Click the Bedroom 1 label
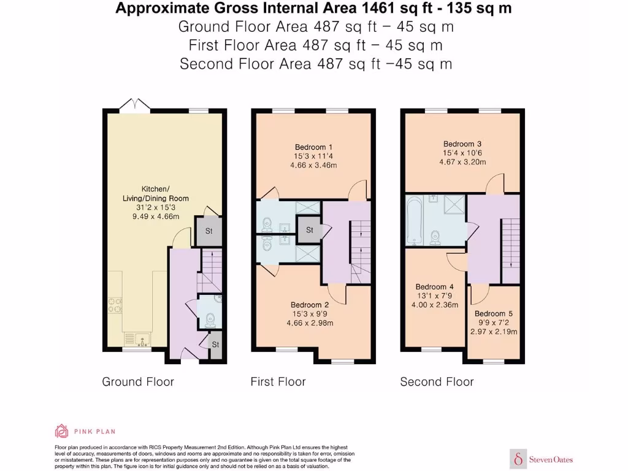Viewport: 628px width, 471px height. tap(313, 147)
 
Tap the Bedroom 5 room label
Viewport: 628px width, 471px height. tap(494, 313)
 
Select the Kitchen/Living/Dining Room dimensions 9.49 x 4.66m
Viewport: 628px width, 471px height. tap(156, 216)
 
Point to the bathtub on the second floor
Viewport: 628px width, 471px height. tap(414, 221)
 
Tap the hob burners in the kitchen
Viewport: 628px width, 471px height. tap(115, 305)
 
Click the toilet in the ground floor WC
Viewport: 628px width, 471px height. tap(210, 320)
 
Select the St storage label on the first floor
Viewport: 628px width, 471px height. tap(310, 230)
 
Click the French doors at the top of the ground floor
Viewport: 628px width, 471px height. tap(134, 104)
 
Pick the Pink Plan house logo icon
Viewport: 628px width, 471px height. tap(61, 431)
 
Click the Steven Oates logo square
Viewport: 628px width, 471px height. tap(518, 459)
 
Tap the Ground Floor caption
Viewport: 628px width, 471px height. tap(138, 381)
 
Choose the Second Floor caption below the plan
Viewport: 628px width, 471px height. tap(437, 381)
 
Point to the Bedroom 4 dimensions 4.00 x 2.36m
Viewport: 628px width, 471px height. tap(435, 305)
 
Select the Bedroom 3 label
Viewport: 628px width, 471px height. tap(462, 144)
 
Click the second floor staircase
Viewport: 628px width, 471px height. tap(511, 250)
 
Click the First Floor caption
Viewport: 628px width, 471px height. tap(278, 381)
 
